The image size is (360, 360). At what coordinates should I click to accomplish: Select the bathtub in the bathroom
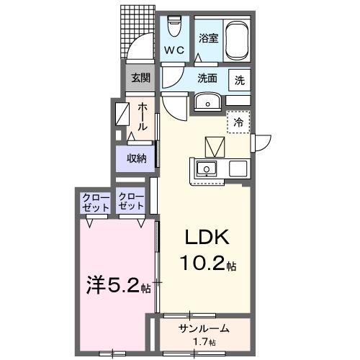click(235, 40)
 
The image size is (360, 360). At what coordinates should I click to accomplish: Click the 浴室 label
click(208, 39)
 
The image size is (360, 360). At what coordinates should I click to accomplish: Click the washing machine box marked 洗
click(239, 80)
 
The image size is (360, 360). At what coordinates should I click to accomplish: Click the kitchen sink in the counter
click(207, 170)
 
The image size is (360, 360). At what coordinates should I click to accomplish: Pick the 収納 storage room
click(137, 158)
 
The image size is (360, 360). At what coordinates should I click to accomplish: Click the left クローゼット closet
click(95, 202)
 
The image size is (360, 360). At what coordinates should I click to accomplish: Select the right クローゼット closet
click(131, 202)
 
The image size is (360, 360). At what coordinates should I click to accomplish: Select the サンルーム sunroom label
click(204, 328)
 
